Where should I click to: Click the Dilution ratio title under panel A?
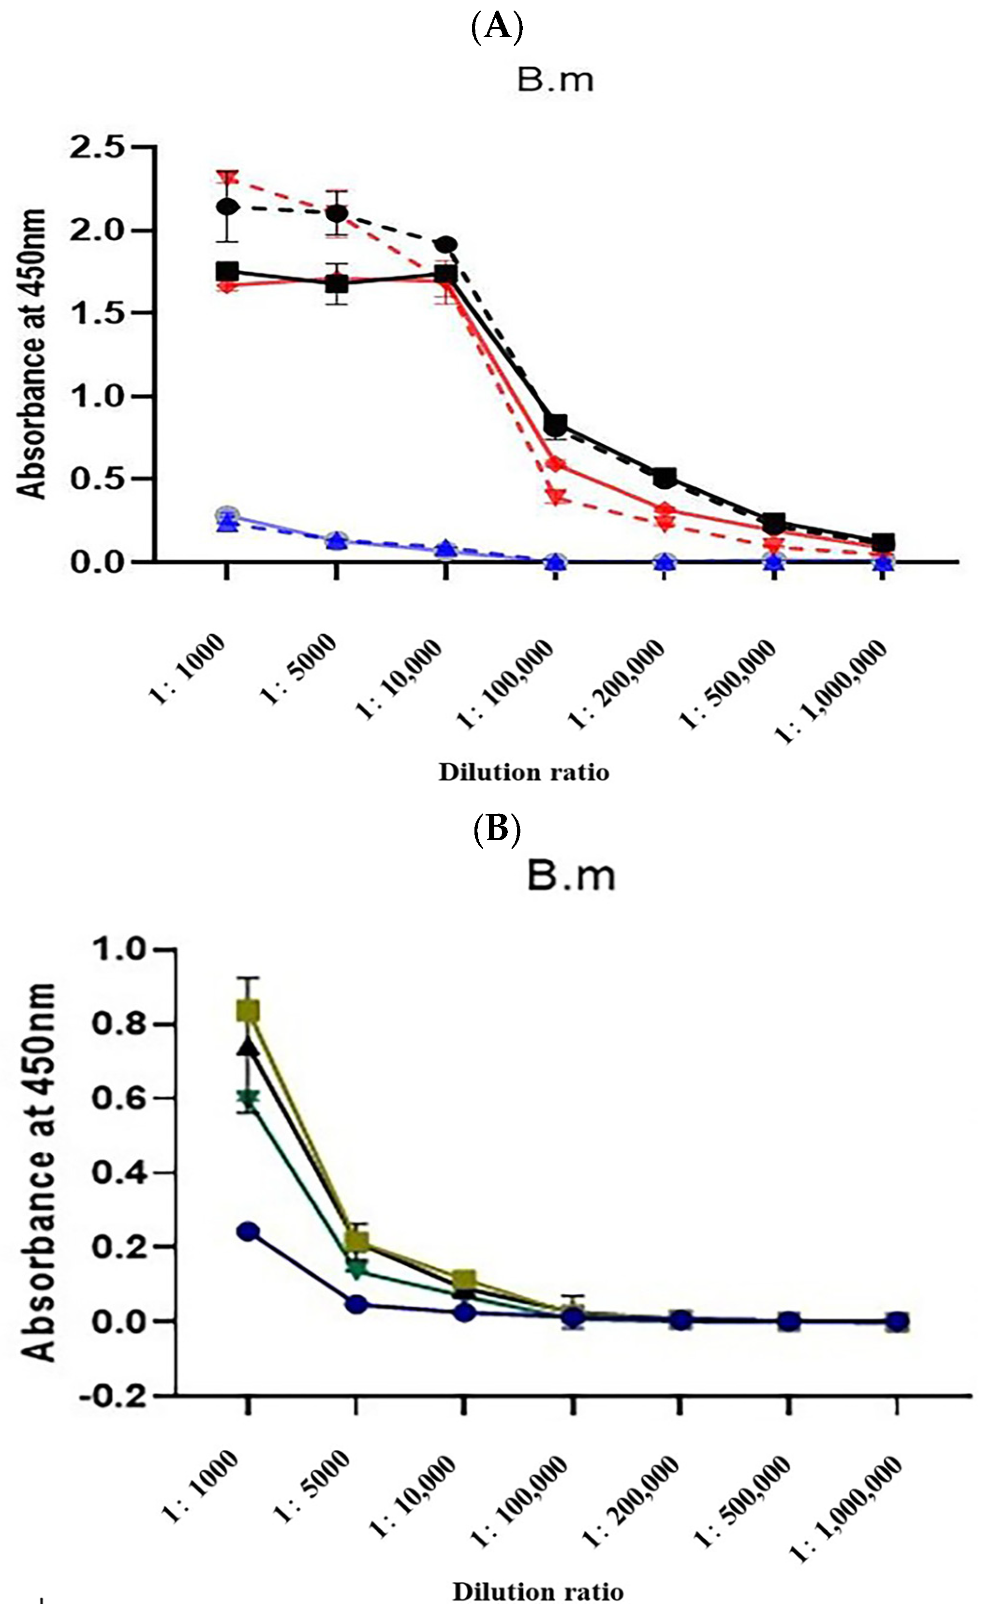click(x=524, y=772)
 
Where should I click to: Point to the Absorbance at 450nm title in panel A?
click(x=31, y=355)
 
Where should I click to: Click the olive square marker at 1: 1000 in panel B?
click(x=248, y=1011)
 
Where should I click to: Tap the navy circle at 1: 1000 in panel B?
click(x=248, y=1231)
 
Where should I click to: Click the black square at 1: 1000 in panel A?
click(x=227, y=271)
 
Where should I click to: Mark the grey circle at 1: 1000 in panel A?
click(x=227, y=514)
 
